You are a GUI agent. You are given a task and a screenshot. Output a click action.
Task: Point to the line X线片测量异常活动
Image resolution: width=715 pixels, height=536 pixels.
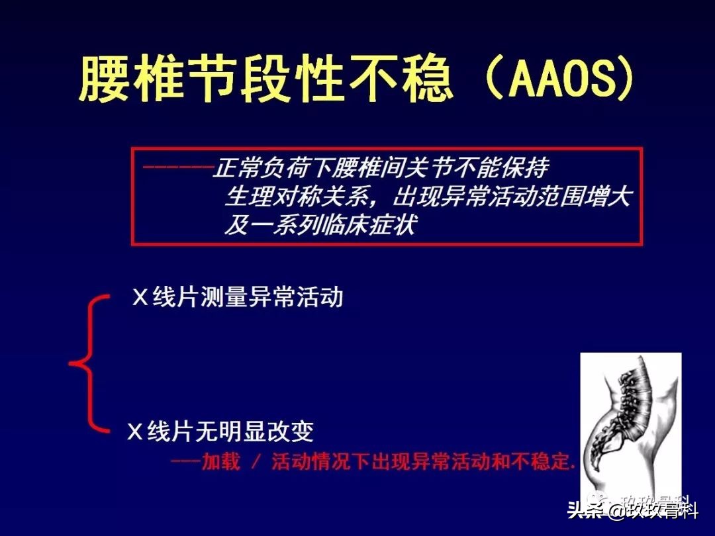click(x=238, y=297)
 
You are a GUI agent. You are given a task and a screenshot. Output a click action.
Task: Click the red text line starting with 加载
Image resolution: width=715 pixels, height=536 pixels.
click(x=373, y=461)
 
